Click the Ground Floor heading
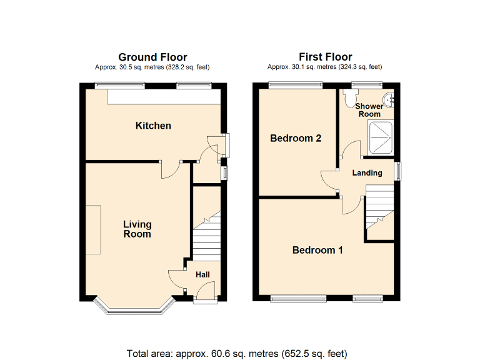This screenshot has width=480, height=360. [152, 57]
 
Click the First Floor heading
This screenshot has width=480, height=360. [325, 57]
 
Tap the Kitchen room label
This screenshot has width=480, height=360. [153, 126]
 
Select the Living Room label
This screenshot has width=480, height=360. [137, 229]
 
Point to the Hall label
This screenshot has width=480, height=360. [202, 274]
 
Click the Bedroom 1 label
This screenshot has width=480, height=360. [317, 250]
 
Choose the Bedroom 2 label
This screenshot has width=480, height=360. [296, 138]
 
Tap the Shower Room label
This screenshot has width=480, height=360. [369, 110]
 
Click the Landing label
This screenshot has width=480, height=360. [367, 172]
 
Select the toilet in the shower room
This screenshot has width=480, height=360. [350, 96]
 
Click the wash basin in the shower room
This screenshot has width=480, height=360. [389, 98]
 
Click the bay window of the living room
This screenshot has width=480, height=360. [132, 306]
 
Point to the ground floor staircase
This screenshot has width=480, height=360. [206, 237]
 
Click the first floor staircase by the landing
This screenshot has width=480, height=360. [379, 212]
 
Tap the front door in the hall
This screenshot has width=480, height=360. [205, 292]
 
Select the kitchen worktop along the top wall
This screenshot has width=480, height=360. [164, 97]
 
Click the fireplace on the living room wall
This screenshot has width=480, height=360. [92, 230]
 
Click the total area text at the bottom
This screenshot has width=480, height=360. [236, 353]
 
